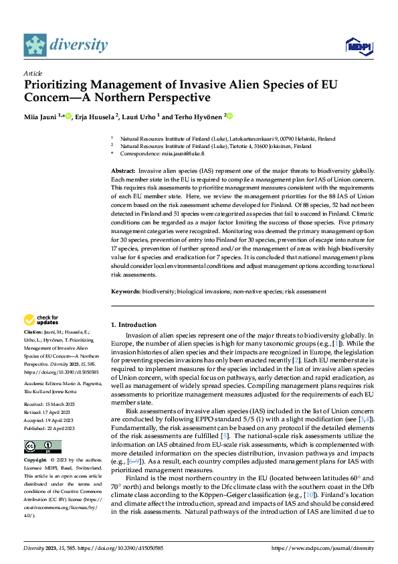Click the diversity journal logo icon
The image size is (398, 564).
coord(35,45)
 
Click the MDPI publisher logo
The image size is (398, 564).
coord(358,46)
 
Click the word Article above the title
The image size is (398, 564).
coord(33,73)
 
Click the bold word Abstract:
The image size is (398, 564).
coord(122,172)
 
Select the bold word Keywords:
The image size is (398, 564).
coord(126,291)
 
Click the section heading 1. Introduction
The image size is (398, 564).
coord(134,325)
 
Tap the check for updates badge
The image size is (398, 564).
coord(41,320)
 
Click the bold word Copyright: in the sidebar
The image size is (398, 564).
coord(35,461)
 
